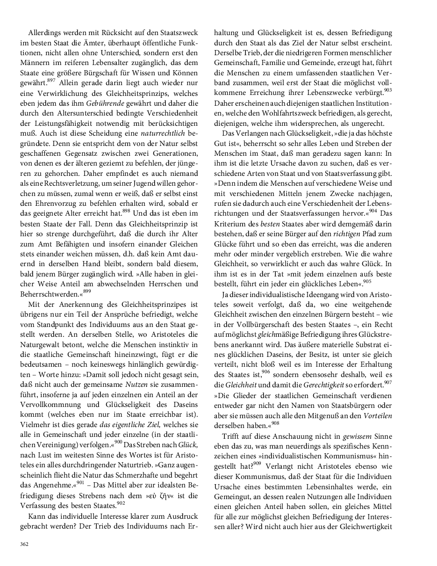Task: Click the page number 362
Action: pos(24,544)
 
